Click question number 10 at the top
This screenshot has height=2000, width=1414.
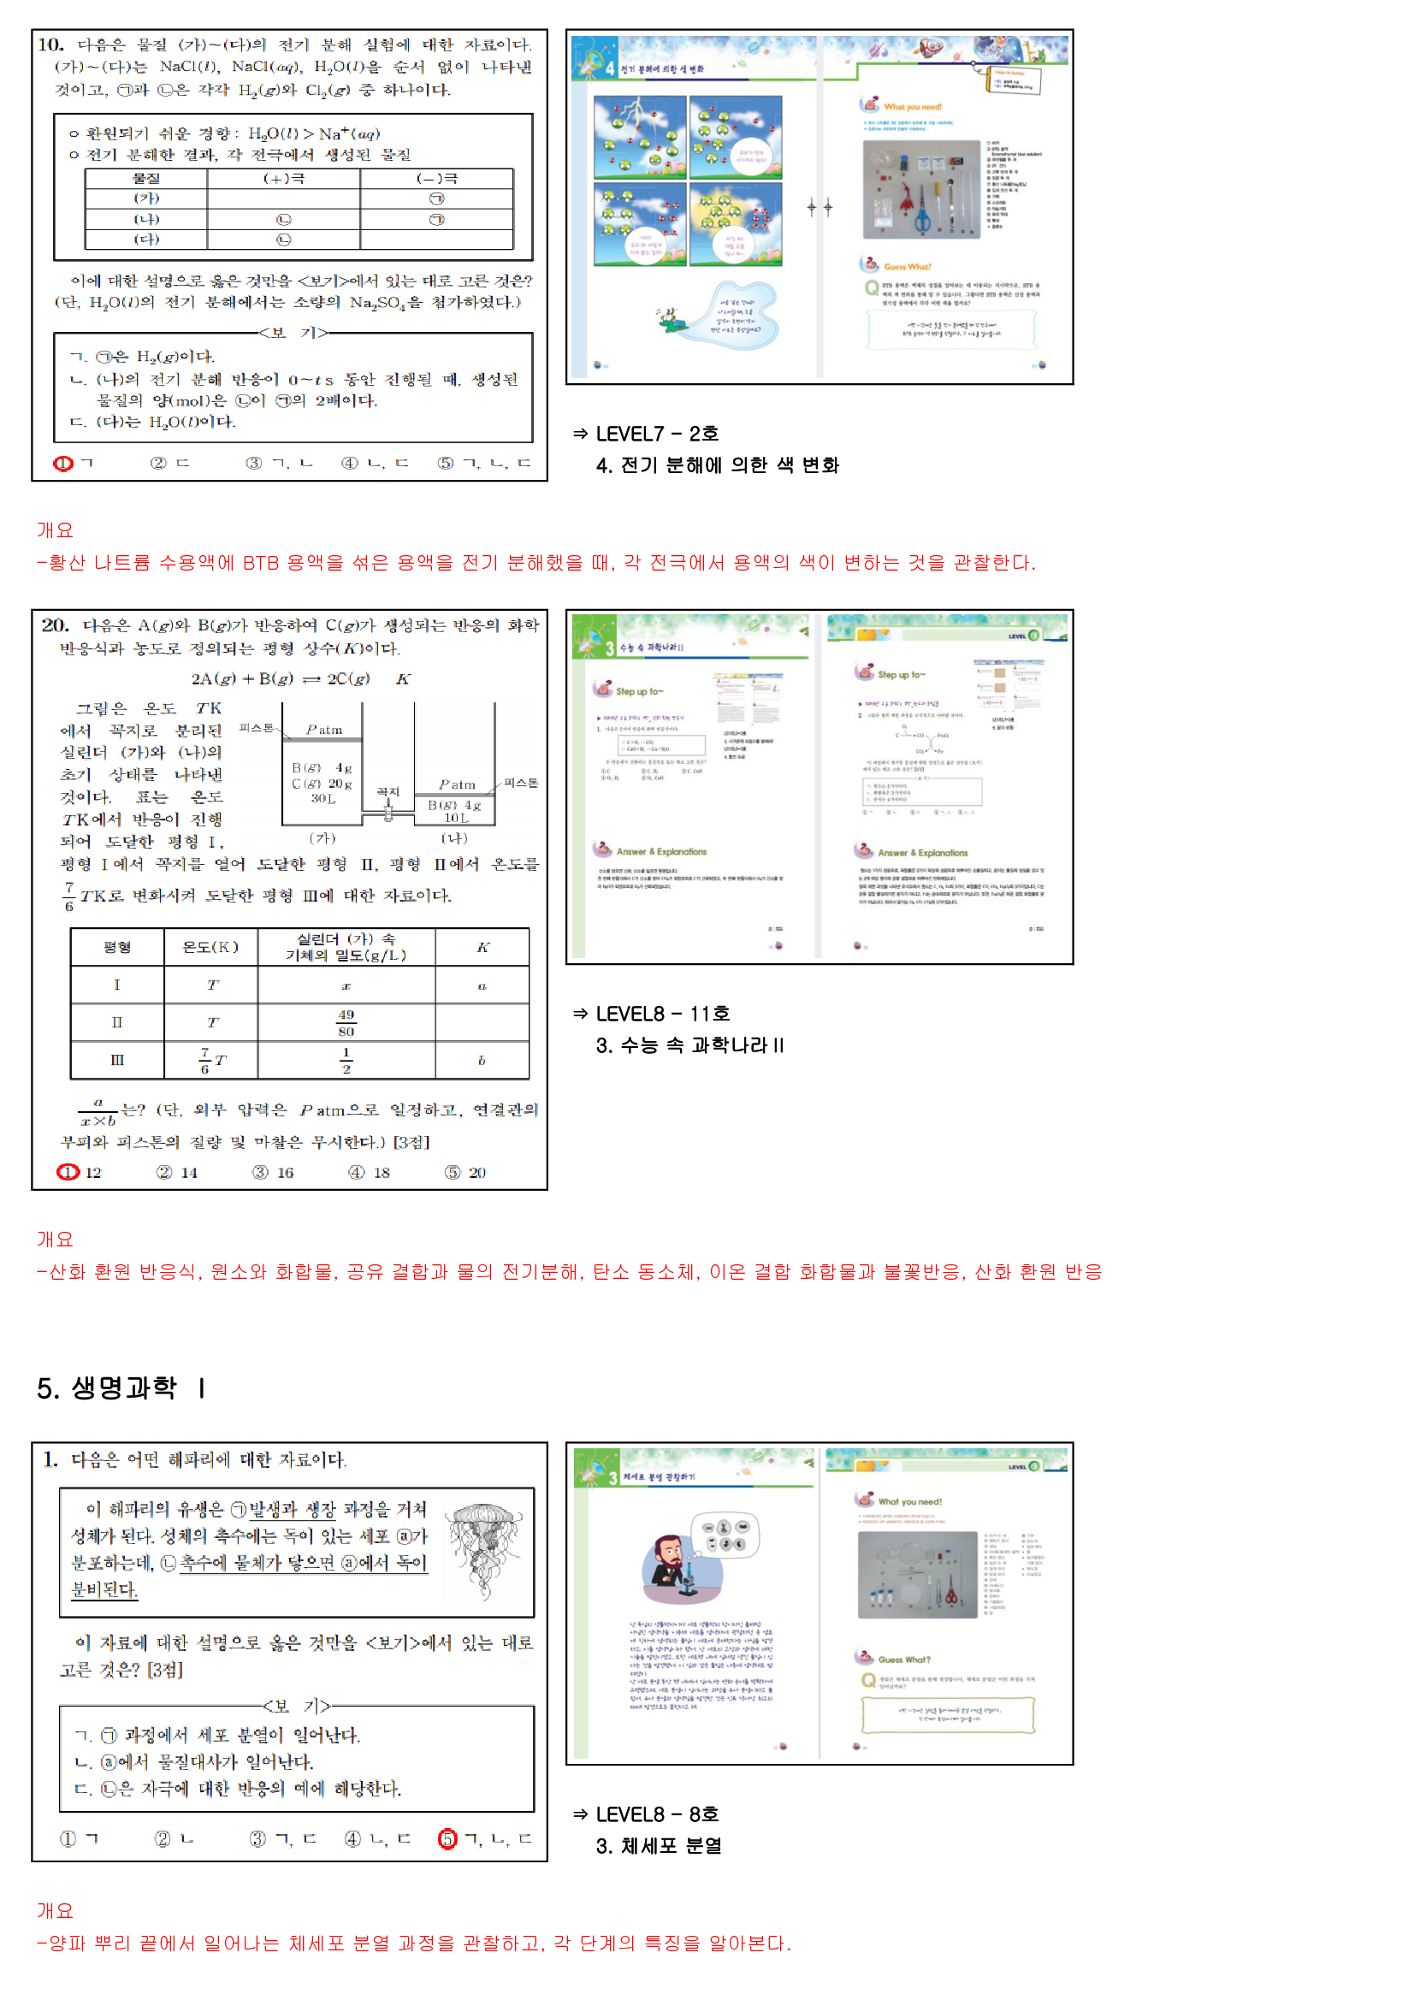coord(50,44)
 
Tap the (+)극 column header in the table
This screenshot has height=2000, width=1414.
coord(283,179)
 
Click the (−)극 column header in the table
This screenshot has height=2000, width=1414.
coord(436,179)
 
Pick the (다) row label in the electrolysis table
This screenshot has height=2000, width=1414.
coord(146,240)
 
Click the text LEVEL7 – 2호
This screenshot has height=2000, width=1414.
coord(657,434)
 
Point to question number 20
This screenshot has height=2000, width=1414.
coord(55,625)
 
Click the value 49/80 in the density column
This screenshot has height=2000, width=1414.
coord(346,1022)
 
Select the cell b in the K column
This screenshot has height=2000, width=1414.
coord(482,1060)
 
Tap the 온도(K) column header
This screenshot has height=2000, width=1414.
coord(210,947)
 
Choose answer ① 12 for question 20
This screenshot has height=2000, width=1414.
coord(80,1173)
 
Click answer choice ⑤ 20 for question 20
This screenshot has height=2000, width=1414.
coord(465,1173)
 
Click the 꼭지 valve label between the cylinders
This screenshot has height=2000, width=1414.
coord(388,792)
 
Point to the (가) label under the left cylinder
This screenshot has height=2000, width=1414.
coord(322,838)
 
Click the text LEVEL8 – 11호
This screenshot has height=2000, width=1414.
coord(662,1014)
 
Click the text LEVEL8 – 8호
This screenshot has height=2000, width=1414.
coord(657,1814)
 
